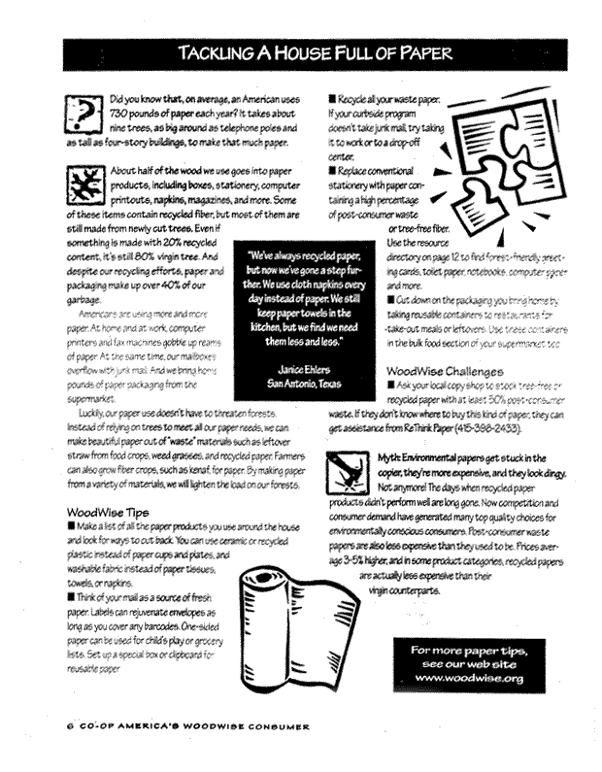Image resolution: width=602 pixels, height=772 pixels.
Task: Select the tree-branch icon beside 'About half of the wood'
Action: click(85, 183)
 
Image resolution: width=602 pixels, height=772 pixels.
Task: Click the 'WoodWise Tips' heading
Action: click(107, 511)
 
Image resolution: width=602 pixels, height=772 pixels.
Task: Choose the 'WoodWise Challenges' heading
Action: click(447, 370)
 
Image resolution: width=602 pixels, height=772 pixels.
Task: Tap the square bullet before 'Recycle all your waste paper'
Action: click(333, 98)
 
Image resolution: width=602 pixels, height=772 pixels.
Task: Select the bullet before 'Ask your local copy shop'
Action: click(390, 385)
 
